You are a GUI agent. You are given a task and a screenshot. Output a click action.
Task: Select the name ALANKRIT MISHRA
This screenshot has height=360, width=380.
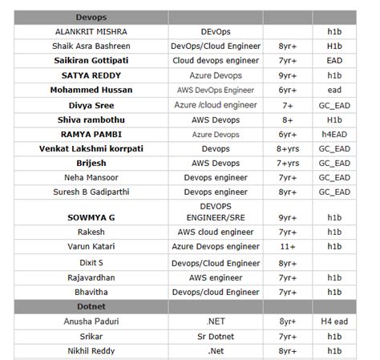[x=91, y=31]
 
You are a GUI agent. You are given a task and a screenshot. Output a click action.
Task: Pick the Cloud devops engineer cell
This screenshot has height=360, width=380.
[x=216, y=60]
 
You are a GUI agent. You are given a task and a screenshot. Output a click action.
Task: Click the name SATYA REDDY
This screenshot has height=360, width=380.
[x=91, y=75]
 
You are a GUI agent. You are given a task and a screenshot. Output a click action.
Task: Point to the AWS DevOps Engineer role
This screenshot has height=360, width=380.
[x=216, y=90]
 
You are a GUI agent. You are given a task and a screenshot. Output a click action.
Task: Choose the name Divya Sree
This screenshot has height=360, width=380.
[x=91, y=105]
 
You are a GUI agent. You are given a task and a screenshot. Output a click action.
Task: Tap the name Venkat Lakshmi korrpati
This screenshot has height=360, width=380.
[x=91, y=148]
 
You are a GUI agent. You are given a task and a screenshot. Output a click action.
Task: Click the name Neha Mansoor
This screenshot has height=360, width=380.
[x=91, y=177]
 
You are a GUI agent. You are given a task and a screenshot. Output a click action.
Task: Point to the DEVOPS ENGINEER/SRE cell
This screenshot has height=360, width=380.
[x=216, y=212]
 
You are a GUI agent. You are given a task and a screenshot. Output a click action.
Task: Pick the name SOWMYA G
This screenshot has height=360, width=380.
[x=91, y=216]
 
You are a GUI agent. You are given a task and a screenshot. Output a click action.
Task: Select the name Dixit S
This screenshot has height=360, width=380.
[x=91, y=262]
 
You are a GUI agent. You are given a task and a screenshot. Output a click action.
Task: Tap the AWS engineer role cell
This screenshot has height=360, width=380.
[x=216, y=277]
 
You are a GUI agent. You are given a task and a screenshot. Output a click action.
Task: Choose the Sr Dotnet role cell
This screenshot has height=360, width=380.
[x=216, y=336]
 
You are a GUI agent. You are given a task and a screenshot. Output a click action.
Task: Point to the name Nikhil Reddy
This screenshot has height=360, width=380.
[x=91, y=350]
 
